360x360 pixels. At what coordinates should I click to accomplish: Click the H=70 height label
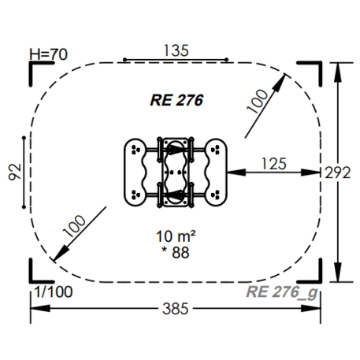pos(48,54)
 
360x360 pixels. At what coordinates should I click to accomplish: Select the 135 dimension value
pos(176,50)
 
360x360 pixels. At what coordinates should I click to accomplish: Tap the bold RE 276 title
pos(176,100)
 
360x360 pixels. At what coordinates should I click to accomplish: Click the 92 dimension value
pos(15,172)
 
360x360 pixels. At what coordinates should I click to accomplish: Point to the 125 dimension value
pos(274,164)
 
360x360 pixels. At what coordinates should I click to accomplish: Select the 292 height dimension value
pos(338,173)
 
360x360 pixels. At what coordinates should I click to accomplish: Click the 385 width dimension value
pos(176,309)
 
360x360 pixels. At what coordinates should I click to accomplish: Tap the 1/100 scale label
pos(54,291)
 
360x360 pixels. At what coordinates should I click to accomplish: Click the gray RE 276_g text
pos(282,292)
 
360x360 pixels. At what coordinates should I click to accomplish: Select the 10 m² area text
pos(176,236)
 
